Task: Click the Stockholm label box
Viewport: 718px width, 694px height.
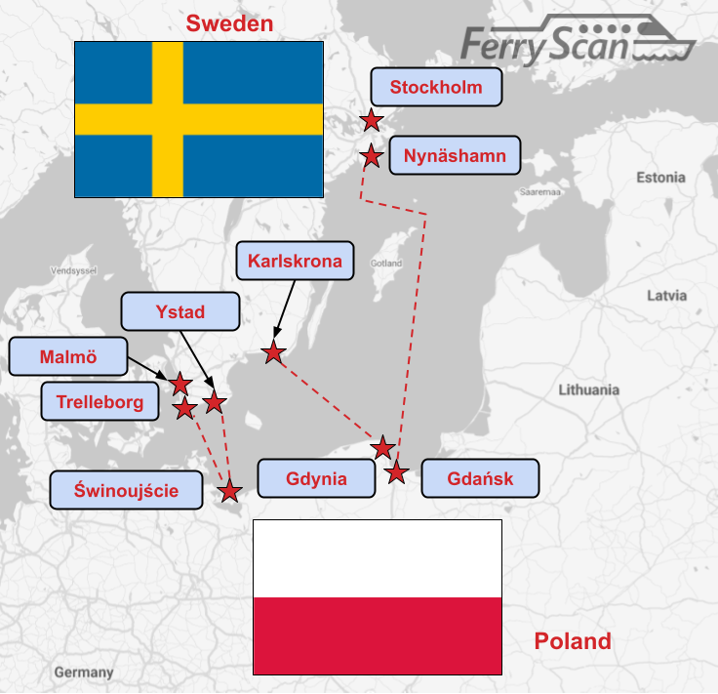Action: coord(436,87)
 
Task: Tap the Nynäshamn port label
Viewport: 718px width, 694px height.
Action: coord(455,155)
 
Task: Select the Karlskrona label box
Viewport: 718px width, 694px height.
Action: coord(295,261)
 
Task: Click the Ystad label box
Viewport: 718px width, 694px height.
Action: coord(180,312)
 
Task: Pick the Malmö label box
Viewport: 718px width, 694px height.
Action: coord(68,356)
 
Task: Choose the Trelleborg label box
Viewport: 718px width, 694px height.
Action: coord(100,401)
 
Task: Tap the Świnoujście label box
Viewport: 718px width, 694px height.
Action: coord(127,490)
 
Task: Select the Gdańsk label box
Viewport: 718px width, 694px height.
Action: coord(480,479)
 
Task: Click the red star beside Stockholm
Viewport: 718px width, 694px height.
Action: coord(371,121)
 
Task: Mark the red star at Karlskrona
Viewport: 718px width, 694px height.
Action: coord(274,352)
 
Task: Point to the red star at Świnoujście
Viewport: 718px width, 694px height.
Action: coord(229,490)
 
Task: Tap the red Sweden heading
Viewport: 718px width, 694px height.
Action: coord(229,23)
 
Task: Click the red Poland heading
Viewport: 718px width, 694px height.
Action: coord(573,641)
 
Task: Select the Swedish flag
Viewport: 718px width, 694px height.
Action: coord(199,119)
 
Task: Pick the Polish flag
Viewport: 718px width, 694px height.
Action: coord(378,596)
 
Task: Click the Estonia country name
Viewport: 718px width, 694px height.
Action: coord(660,178)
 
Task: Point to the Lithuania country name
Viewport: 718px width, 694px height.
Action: coord(588,389)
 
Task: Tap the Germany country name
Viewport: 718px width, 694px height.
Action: coord(84,673)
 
